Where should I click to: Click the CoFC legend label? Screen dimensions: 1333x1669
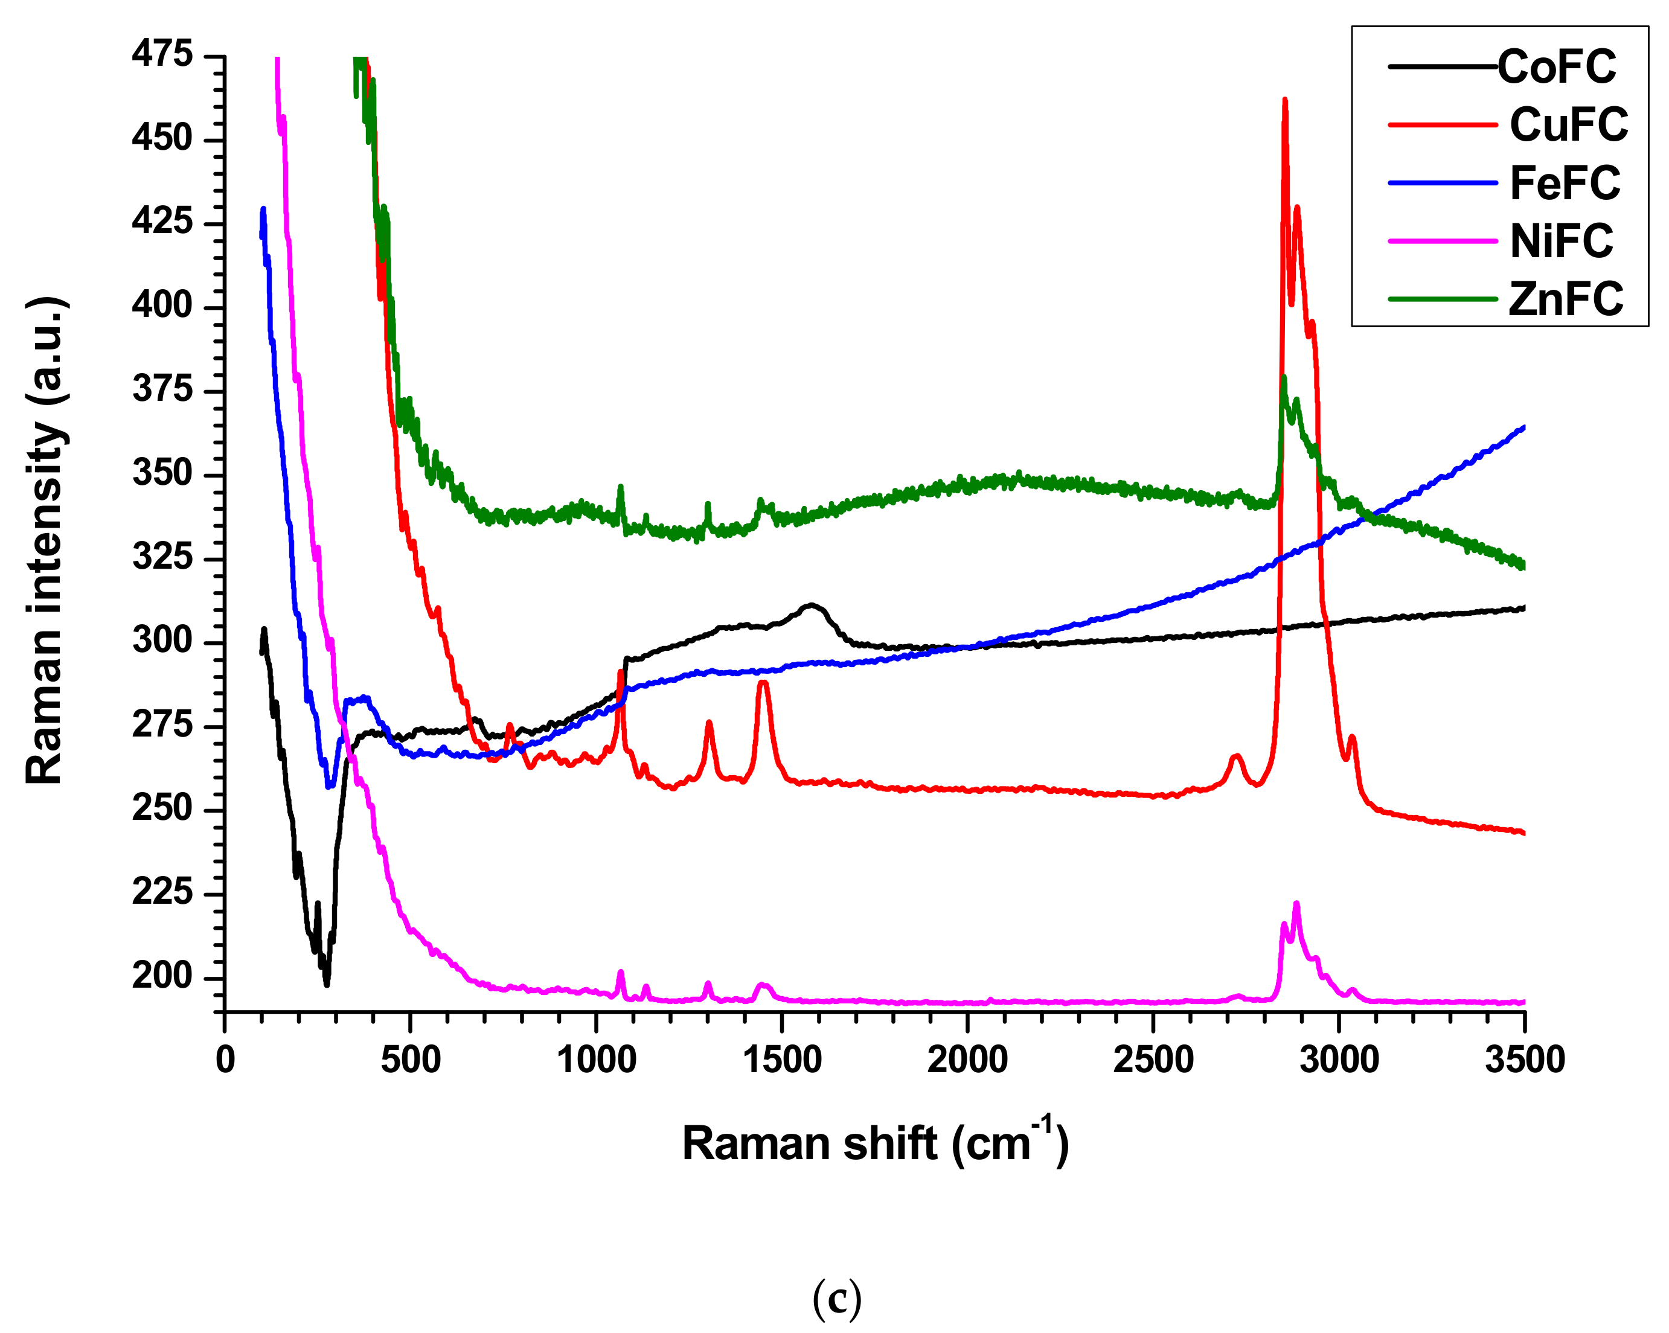pos(1556,66)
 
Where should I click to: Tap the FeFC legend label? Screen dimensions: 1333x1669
pos(1565,184)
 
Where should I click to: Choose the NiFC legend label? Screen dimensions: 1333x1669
pos(1561,241)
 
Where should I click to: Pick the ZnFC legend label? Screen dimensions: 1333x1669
pos(1565,299)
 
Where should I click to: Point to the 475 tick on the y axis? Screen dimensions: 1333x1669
pos(162,55)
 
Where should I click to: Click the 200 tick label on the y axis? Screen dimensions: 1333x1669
pos(162,977)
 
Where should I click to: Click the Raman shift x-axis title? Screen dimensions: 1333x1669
pos(875,1143)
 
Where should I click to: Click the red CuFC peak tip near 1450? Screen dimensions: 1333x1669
pos(763,682)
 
